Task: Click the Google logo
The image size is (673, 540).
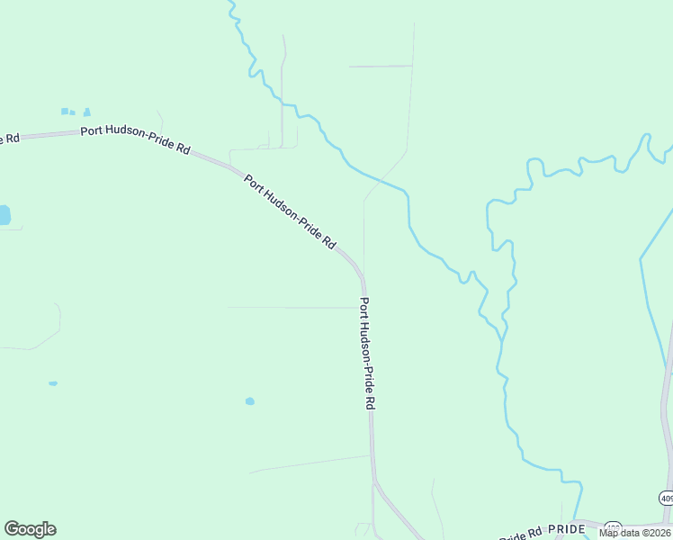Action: [x=31, y=529]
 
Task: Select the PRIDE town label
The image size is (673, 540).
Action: [x=567, y=530]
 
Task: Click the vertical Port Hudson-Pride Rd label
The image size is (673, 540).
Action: [x=366, y=354]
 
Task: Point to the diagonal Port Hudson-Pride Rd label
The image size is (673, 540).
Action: [x=290, y=211]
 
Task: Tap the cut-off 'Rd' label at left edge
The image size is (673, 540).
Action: [x=9, y=138]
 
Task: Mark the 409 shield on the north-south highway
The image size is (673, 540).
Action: [x=666, y=498]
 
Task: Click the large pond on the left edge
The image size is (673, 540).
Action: [x=4, y=215]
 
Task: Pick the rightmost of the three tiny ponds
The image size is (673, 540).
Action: [x=87, y=112]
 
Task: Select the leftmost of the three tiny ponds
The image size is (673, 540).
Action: [x=64, y=111]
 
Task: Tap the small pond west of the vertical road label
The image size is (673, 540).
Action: [x=250, y=401]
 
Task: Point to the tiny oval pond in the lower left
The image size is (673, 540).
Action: [x=53, y=383]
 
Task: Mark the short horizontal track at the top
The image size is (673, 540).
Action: [x=380, y=67]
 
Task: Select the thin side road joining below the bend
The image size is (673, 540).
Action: [x=297, y=308]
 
